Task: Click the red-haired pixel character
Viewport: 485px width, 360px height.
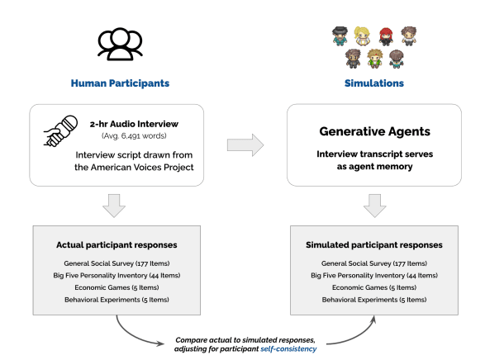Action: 385,36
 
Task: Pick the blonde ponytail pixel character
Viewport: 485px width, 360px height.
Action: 361,36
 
